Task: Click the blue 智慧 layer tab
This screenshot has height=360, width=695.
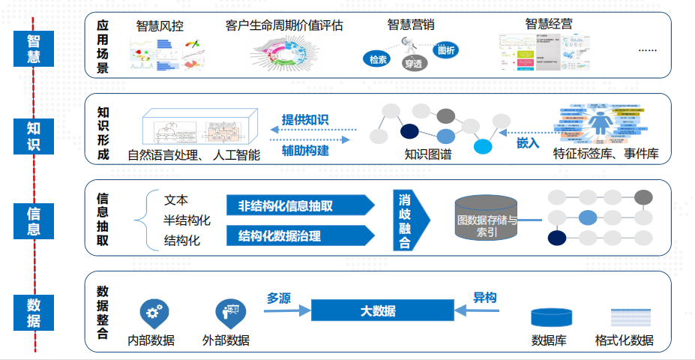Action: coord(34,48)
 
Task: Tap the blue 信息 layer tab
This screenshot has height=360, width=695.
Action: coord(34,220)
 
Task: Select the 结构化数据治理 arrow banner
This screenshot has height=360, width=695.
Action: coord(298,236)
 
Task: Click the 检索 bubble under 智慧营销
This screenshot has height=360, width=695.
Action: coord(377,59)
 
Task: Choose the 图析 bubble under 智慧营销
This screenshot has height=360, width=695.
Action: coord(445,50)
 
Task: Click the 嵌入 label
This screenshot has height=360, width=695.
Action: coord(528,142)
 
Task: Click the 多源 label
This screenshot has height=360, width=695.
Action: coord(279,298)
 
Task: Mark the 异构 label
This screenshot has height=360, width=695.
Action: coord(484,298)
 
